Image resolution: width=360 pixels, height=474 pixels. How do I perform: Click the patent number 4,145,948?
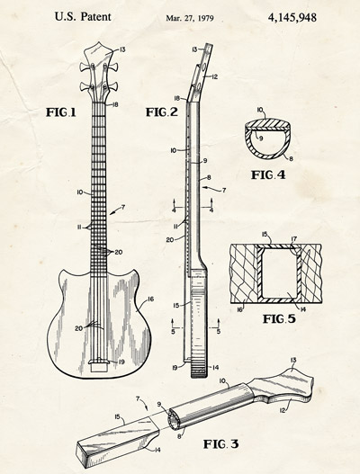click(292, 17)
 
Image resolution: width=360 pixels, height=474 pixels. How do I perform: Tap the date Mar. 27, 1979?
click(190, 18)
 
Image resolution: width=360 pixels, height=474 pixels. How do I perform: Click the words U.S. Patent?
click(83, 16)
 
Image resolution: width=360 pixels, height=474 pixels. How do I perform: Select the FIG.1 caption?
click(61, 112)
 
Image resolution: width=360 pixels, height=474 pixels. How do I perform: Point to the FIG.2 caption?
click(162, 112)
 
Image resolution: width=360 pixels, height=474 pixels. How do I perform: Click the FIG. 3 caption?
click(220, 444)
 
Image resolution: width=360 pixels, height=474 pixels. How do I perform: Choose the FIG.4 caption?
click(268, 174)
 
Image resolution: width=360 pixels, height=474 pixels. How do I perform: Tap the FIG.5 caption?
click(279, 318)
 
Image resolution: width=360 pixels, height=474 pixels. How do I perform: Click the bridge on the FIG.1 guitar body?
click(98, 362)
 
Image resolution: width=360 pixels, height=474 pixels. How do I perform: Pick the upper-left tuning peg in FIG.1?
click(85, 67)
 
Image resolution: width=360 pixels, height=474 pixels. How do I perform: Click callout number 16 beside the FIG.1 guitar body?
click(150, 299)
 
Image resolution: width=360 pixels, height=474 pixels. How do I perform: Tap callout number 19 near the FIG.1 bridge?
click(121, 362)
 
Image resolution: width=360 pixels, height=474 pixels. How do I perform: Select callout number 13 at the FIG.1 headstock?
click(121, 49)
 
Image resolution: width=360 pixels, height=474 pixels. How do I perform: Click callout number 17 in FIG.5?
click(293, 239)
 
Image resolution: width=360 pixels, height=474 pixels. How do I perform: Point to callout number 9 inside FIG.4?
click(261, 139)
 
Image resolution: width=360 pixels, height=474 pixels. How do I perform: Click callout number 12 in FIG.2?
click(214, 77)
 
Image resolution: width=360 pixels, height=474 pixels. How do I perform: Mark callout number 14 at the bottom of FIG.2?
click(215, 368)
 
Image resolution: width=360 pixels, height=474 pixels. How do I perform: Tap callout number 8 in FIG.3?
click(179, 436)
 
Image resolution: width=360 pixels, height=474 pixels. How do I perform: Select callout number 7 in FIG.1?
click(122, 207)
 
